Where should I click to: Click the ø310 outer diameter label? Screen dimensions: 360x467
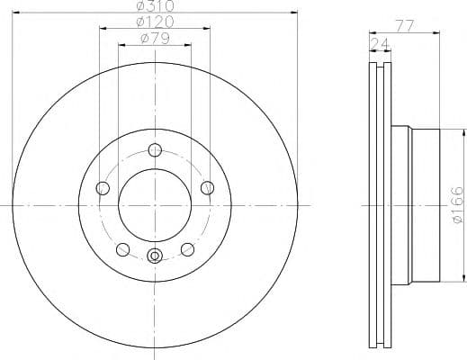tap(154, 6)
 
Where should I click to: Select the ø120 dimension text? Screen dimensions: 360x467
tap(154, 22)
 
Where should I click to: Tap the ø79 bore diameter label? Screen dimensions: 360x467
tap(154, 37)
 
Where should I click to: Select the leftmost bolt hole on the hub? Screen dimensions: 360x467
tap(103, 188)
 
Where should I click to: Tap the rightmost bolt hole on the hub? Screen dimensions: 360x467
tap(208, 187)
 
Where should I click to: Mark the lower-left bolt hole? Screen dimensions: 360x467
tap(123, 249)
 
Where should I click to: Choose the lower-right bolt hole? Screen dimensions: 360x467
tap(187, 249)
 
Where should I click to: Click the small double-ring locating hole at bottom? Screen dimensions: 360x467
tap(155, 256)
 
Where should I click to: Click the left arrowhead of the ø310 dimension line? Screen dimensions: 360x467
tap(18, 13)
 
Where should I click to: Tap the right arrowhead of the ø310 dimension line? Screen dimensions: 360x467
tap(292, 13)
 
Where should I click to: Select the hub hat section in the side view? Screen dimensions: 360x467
tap(425, 204)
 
